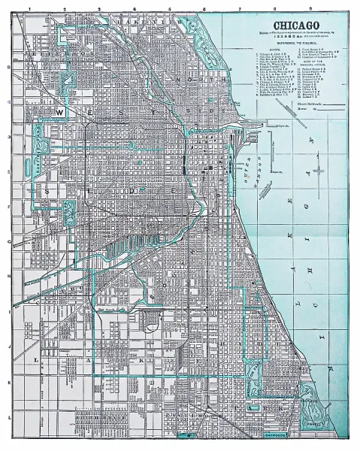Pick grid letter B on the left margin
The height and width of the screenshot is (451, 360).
tap(8, 67)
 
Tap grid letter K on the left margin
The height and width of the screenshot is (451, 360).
tap(8, 381)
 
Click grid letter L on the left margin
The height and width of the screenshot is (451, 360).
tap(8, 416)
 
